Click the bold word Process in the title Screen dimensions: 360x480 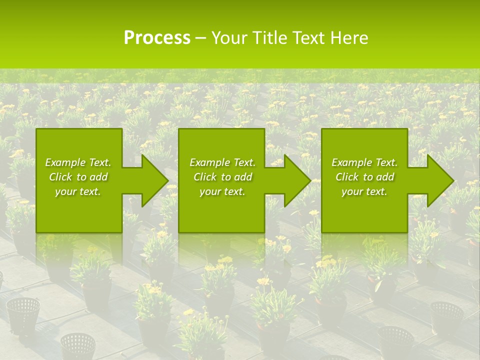pos(157,37)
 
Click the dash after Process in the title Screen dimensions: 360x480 pos(201,38)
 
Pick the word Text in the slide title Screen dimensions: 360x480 pos(310,37)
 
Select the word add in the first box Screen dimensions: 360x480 pos(98,177)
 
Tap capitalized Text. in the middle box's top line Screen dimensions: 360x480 pos(243,162)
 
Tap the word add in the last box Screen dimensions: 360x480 pos(385,177)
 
